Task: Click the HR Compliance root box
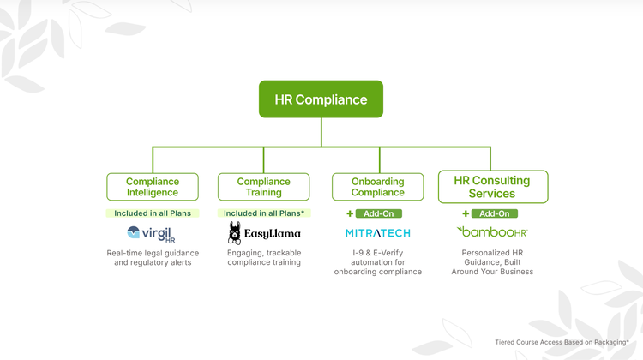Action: pos(321,99)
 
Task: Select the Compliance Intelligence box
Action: pos(153,187)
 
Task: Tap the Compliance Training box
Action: pos(263,187)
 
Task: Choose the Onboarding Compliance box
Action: pos(377,187)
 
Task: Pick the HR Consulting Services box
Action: pos(492,187)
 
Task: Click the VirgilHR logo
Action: pos(151,233)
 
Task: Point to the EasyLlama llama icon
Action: pos(235,233)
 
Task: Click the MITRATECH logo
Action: pos(377,233)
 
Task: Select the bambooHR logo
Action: pos(492,232)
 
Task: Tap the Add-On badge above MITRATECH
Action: pos(379,213)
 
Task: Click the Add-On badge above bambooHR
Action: pos(494,213)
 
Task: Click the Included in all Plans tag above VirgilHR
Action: pos(153,213)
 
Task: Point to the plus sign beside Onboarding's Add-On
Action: pos(350,213)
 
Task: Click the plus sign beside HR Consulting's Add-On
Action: pos(466,213)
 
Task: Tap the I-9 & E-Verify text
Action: pos(377,253)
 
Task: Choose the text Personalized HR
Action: pos(492,253)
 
